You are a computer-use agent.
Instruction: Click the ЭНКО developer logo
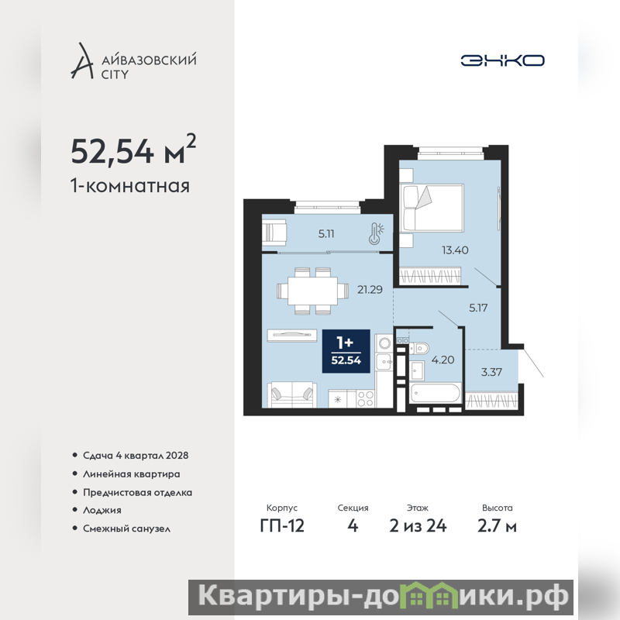click(502, 60)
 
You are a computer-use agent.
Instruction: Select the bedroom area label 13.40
click(455, 250)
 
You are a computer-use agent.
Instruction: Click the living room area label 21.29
click(370, 289)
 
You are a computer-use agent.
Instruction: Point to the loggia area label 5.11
click(326, 234)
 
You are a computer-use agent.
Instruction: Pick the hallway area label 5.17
click(478, 308)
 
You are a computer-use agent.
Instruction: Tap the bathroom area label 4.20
click(443, 360)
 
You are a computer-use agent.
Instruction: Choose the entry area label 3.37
click(491, 372)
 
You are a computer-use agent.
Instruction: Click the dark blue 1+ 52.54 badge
click(346, 351)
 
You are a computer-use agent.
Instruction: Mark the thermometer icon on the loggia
click(376, 234)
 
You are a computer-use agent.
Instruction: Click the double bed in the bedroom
click(432, 208)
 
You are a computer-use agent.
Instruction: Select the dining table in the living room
click(312, 291)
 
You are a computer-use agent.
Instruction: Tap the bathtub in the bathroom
click(436, 393)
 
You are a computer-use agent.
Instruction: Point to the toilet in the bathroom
click(418, 348)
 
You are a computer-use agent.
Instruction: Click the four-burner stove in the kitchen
click(365, 398)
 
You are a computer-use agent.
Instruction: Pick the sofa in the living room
click(292, 394)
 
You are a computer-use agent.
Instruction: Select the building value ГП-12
click(282, 526)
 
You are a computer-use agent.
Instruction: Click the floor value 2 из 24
click(418, 526)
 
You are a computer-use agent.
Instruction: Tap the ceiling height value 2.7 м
click(497, 526)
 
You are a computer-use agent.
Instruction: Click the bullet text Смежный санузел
click(126, 529)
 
